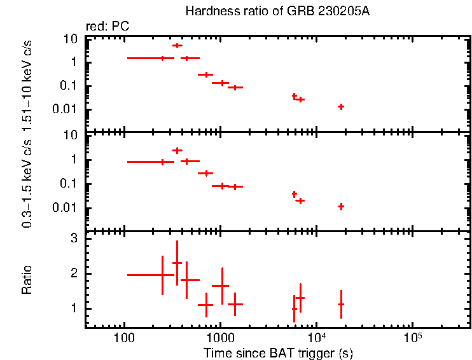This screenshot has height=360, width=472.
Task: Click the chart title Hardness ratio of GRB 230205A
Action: (x=277, y=11)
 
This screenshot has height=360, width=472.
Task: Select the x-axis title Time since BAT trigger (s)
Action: (x=278, y=352)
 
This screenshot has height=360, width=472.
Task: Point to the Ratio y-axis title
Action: (x=27, y=280)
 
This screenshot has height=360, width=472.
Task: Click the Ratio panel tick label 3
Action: (x=74, y=239)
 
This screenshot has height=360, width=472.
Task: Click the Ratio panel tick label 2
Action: (x=74, y=273)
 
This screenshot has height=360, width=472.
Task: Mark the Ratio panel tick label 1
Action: (x=74, y=308)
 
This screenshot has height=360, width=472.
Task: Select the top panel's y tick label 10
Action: (x=71, y=39)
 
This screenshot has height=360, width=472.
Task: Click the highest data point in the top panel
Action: (x=177, y=45)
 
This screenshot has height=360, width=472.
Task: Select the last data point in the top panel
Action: (x=341, y=107)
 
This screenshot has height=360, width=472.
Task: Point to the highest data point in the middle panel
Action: (x=177, y=150)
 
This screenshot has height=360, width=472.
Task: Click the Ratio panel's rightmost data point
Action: (x=341, y=305)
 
